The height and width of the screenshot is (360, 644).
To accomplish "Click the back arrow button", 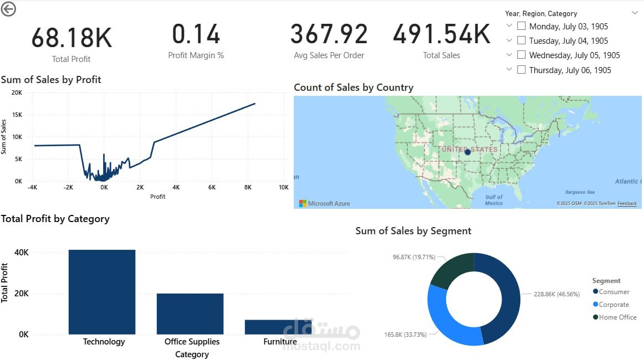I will (8, 9).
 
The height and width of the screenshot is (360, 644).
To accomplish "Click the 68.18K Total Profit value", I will (71, 38).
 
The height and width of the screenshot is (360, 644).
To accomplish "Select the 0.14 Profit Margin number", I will (196, 34).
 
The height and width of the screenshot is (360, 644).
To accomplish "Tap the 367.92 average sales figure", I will (329, 34).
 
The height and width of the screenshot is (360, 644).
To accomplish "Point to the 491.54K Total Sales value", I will (442, 34).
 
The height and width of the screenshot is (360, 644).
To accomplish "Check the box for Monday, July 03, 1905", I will (521, 26).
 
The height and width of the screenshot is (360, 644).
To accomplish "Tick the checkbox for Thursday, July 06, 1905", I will (521, 70).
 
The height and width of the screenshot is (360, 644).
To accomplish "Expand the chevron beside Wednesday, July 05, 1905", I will (509, 55).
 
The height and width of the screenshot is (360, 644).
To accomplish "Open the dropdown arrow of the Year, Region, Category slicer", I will (635, 13).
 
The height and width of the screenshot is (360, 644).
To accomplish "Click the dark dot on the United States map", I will (467, 152).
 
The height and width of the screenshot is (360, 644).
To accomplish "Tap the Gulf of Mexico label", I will (493, 200).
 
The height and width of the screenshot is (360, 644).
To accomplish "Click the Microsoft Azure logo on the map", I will (303, 203).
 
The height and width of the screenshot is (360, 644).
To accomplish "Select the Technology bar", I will (102, 292).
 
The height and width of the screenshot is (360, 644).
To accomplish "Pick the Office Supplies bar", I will (190, 313).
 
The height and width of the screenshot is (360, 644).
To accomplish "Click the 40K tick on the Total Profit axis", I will (22, 252).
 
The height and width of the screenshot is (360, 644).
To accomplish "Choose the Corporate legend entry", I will (614, 305).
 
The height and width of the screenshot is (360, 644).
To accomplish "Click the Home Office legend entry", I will (617, 317).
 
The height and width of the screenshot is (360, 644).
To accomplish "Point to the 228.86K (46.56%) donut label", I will (556, 295).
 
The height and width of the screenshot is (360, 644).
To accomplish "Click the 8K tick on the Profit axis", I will (247, 187).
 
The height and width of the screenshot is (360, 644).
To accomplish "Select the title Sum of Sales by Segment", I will (413, 231).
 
